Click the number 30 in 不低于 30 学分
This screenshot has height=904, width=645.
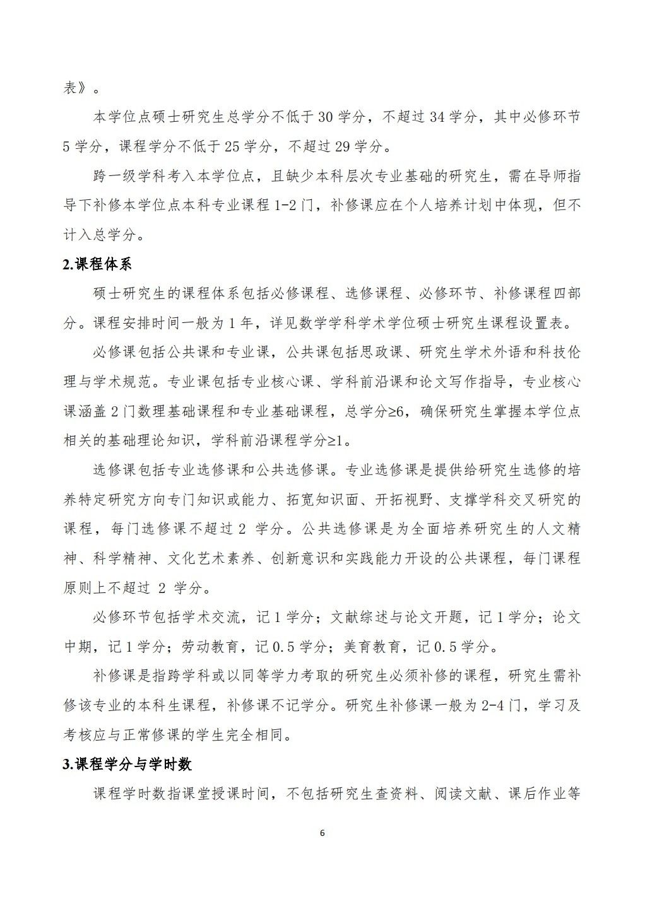pyautogui.click(x=326, y=117)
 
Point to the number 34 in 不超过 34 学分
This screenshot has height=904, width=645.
pyautogui.click(x=437, y=117)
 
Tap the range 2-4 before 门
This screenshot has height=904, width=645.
pyautogui.click(x=494, y=706)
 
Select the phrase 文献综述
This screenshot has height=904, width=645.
pyautogui.click(x=360, y=618)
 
